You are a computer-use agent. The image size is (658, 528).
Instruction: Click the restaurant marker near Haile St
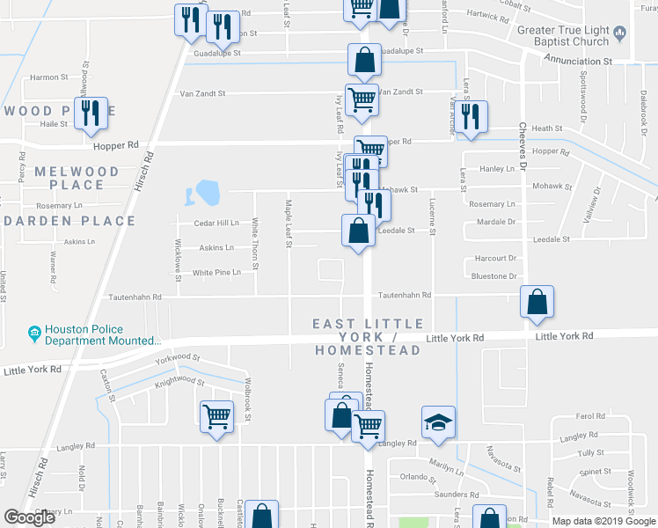[91, 114]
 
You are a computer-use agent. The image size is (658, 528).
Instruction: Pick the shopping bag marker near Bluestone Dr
[537, 303]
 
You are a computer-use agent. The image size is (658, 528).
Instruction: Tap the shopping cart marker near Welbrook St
[216, 417]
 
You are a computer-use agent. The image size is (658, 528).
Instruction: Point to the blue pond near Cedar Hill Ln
[207, 191]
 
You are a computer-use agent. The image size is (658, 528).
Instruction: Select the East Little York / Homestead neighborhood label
[368, 337]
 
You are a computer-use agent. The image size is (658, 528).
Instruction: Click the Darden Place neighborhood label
[70, 221]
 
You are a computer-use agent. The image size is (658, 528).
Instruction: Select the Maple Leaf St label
[289, 224]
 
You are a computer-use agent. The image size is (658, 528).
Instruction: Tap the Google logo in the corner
[30, 517]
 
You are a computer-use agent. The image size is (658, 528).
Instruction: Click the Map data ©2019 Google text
[603, 521]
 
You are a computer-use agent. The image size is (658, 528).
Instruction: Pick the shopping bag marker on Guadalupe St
[364, 61]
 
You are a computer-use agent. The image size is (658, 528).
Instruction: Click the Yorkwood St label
[179, 359]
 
